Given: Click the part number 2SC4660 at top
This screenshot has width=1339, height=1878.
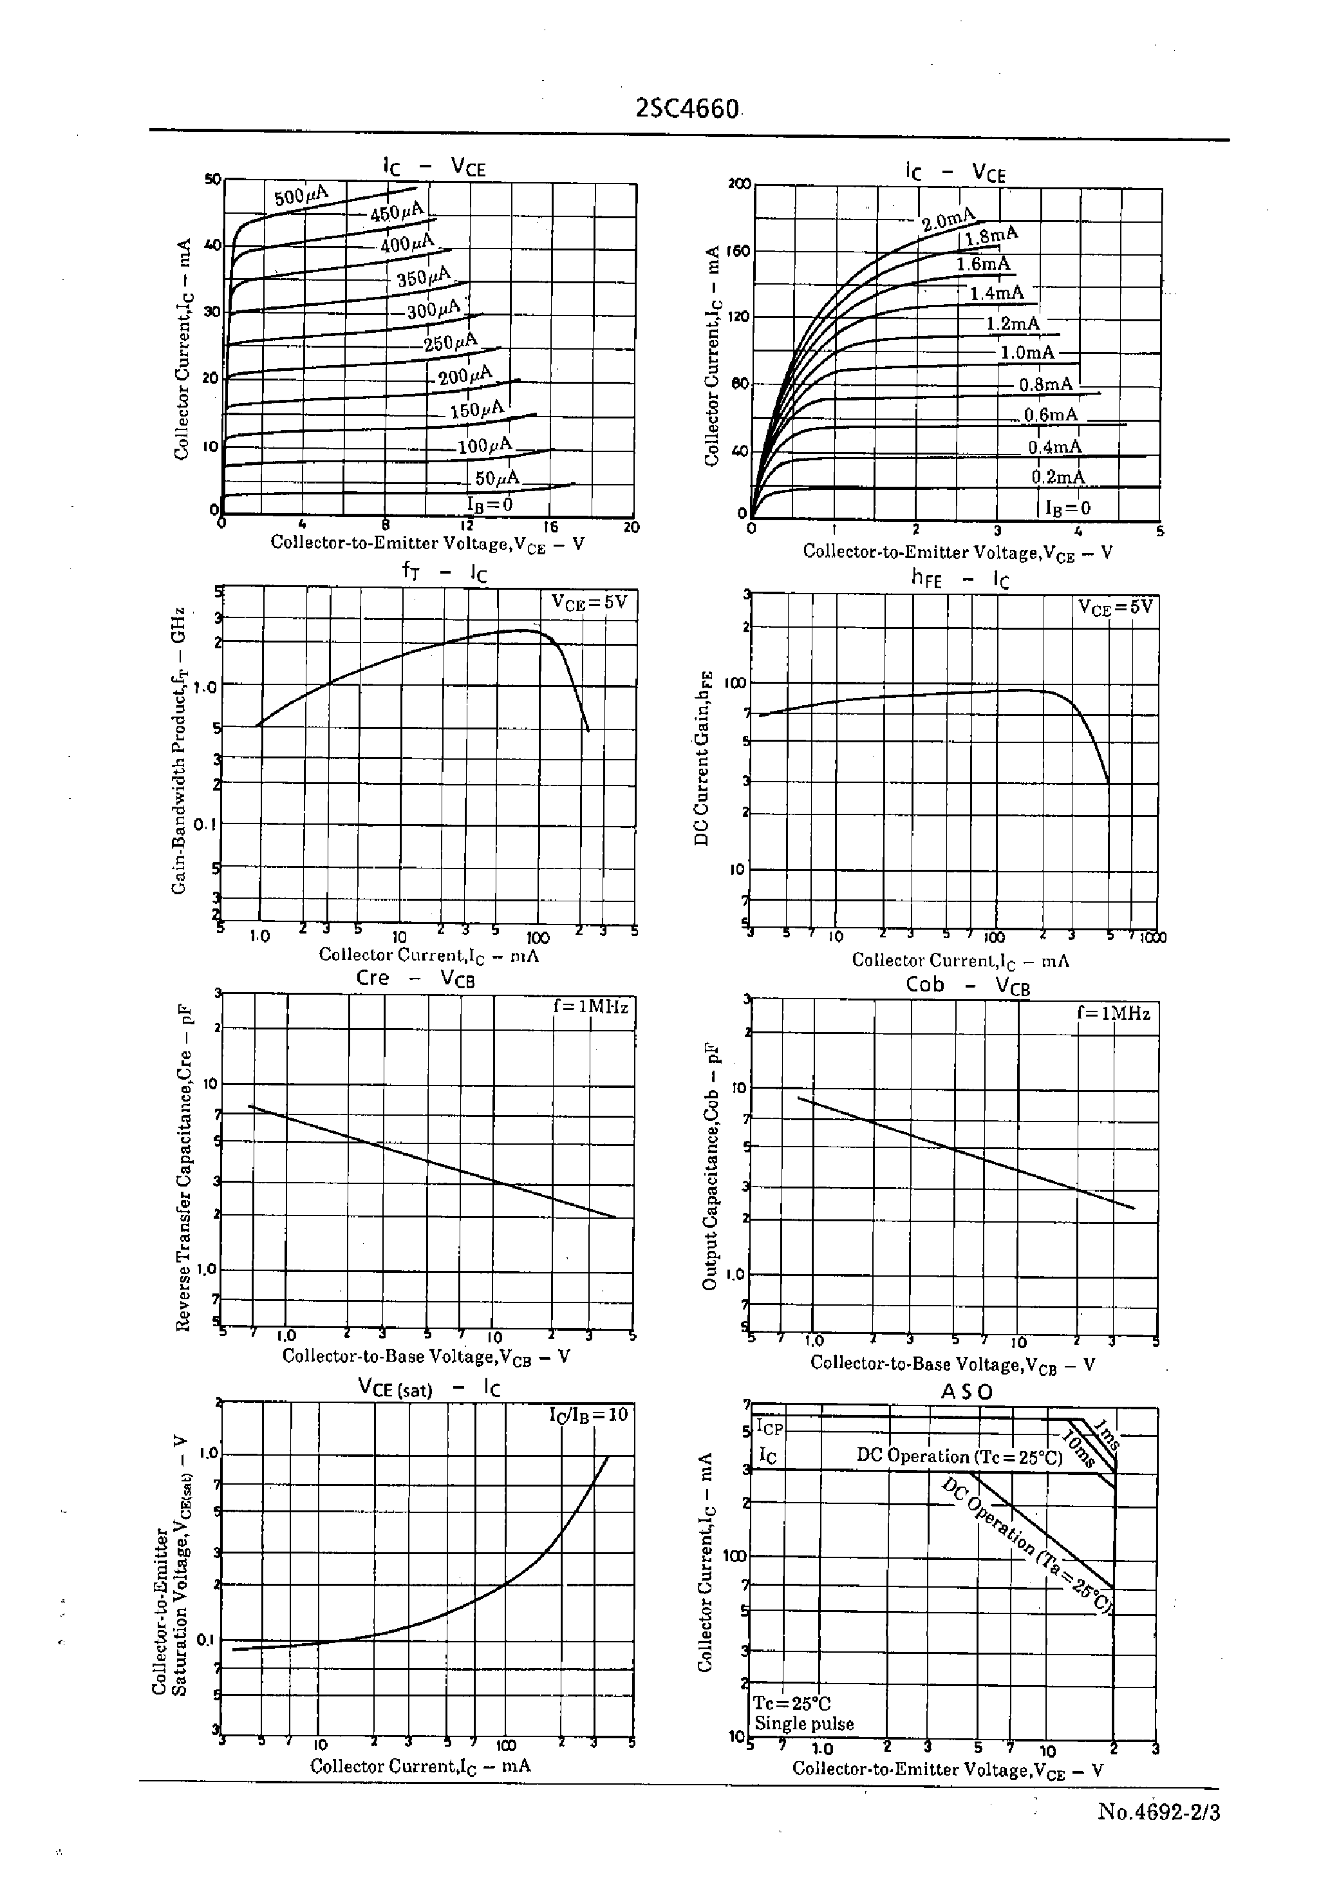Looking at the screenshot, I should coord(688,109).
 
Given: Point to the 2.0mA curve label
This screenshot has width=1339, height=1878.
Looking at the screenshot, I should coord(948,220).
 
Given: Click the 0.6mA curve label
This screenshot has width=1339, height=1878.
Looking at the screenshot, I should coord(1051,415).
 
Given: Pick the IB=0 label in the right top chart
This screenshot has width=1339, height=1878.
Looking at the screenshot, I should coord(1068,508).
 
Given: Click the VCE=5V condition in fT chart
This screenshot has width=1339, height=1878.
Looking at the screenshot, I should coord(588,602).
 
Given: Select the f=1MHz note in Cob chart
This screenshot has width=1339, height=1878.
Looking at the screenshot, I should coord(1113,1013).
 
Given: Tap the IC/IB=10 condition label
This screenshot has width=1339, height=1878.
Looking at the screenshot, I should coord(588,1414).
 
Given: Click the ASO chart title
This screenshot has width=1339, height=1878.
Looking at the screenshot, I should coord(967,1391).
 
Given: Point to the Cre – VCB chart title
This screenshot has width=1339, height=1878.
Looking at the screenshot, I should coord(415,979).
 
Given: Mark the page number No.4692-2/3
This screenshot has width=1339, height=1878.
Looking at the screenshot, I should coord(1159,1812).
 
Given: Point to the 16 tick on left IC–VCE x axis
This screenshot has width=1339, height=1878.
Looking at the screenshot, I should coord(550,527).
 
